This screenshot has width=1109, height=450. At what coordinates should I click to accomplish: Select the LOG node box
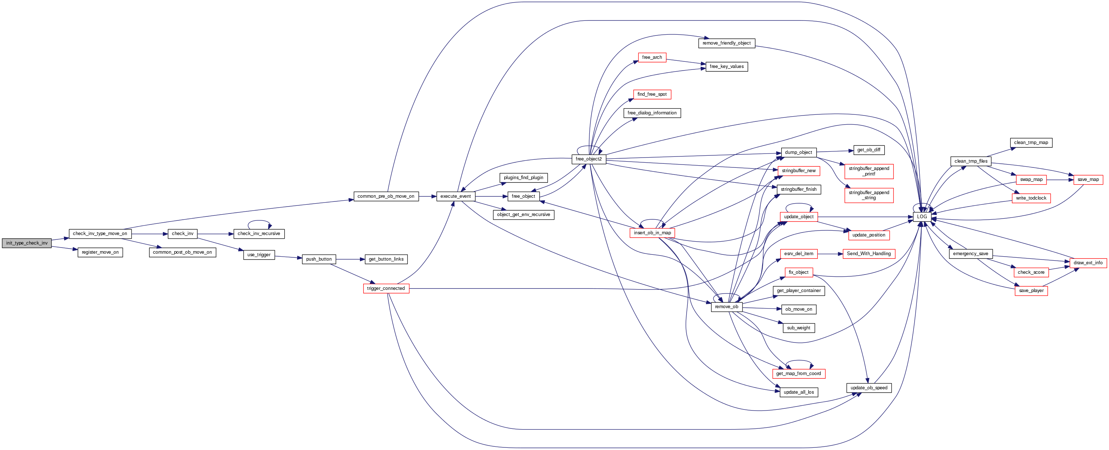(922, 217)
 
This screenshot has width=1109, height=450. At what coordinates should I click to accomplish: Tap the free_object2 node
(589, 159)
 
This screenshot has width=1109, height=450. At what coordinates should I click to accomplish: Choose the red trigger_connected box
(386, 288)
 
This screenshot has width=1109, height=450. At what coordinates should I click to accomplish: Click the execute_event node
(456, 196)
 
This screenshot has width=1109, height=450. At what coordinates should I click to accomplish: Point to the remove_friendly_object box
(726, 44)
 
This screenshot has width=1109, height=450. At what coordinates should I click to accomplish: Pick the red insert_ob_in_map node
(652, 233)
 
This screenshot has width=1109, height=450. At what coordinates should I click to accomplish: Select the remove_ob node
(726, 307)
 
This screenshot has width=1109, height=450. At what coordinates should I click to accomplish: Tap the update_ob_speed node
(869, 388)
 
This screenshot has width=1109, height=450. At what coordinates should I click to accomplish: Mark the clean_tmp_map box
(1031, 143)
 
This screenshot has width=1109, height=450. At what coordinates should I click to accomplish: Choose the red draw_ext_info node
(1088, 263)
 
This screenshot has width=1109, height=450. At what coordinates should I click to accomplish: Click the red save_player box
(1031, 291)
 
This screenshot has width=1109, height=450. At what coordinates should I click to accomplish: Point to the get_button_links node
(386, 259)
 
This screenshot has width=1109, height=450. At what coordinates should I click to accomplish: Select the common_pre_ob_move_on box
(386, 196)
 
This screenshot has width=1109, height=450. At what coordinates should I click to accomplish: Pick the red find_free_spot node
(652, 94)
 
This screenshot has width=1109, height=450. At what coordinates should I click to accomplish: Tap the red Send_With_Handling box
(869, 254)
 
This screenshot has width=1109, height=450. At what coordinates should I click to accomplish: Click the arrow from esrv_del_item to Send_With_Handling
(830, 254)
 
